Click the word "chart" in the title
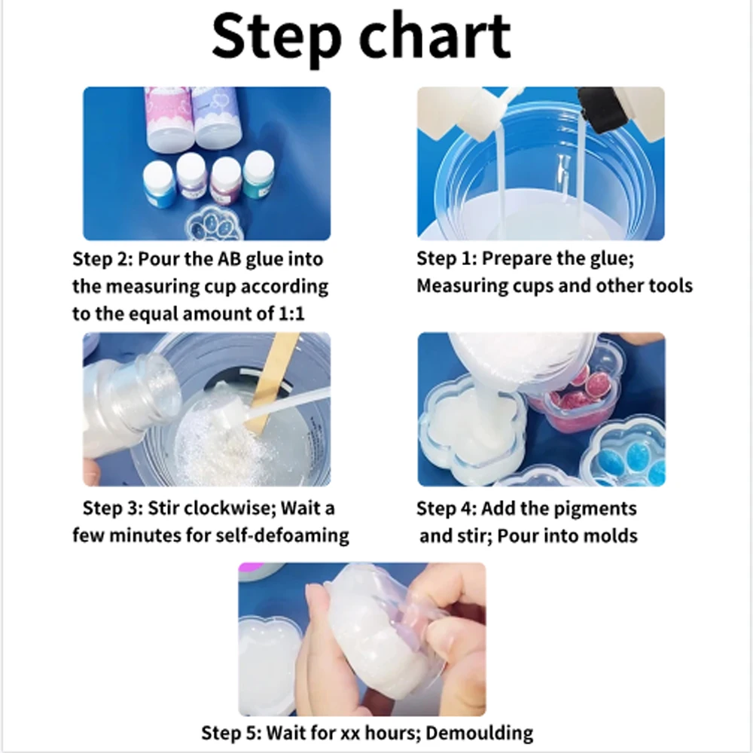coord(434,36)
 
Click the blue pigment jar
coord(159,185)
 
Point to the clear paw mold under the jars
coord(214,224)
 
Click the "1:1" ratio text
coord(291,313)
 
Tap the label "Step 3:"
coord(113,508)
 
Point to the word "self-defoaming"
coord(282,535)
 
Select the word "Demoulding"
coord(479,733)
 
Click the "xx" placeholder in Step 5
coord(351,733)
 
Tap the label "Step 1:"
coord(446,258)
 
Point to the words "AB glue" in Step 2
coord(252,259)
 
